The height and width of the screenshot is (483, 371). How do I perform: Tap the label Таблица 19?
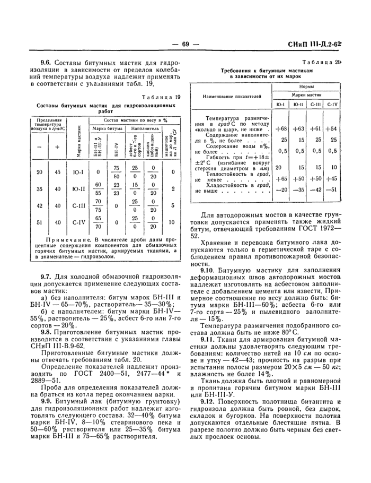pos(161,97)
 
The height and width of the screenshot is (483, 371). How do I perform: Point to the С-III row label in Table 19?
pos(79,205)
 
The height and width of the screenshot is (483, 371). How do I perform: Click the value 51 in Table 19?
pos(39,222)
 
